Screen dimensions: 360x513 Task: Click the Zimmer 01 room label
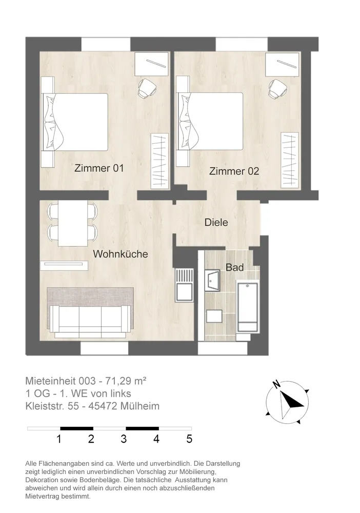click(99, 168)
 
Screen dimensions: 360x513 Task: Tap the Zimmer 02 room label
click(234, 171)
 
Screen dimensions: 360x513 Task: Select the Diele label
click(216, 223)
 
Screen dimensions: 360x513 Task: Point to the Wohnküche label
click(121, 254)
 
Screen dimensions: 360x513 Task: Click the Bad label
click(235, 267)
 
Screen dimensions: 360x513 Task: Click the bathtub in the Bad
click(248, 307)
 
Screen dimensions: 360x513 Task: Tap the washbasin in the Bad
click(212, 281)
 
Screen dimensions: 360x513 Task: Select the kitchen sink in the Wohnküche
click(185, 285)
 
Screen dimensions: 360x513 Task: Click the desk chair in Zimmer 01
click(147, 88)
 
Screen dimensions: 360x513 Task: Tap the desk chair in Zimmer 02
click(278, 88)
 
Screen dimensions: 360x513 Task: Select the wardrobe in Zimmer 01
click(159, 161)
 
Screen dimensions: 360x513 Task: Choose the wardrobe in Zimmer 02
click(290, 160)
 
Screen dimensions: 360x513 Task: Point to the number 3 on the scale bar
click(124, 439)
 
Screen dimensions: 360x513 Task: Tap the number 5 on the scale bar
click(189, 439)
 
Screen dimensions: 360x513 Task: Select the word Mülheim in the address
click(140, 406)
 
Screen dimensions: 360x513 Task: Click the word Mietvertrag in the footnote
click(41, 497)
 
